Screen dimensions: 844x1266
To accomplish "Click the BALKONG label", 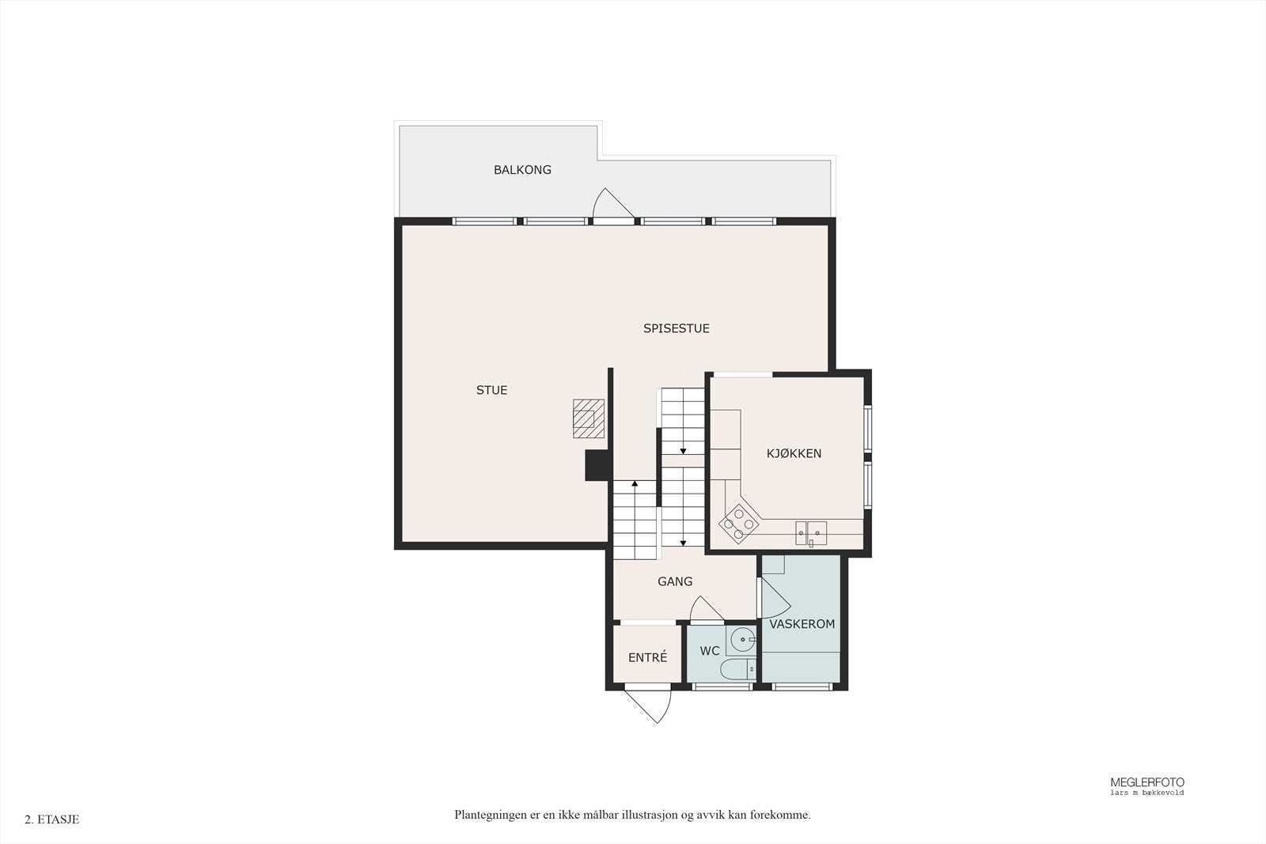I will (x=522, y=170).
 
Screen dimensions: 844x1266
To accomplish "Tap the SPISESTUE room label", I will (x=676, y=328).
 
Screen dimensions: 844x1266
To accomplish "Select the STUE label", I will (x=491, y=390).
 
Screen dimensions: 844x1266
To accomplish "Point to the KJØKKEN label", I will (x=794, y=453).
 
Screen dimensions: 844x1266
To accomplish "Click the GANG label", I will (x=675, y=581).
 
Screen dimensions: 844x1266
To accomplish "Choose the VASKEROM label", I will (x=802, y=624).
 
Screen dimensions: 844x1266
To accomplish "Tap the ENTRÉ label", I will (x=647, y=657).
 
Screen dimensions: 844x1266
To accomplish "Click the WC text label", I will (x=710, y=651).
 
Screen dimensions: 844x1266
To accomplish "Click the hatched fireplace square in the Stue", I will (x=588, y=418).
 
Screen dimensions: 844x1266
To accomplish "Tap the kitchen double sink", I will (x=811, y=533).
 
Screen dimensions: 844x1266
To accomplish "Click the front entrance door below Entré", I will (x=647, y=706).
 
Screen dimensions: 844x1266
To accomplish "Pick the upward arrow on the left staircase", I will (x=635, y=483).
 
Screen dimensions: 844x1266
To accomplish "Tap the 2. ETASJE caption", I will (x=52, y=819).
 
